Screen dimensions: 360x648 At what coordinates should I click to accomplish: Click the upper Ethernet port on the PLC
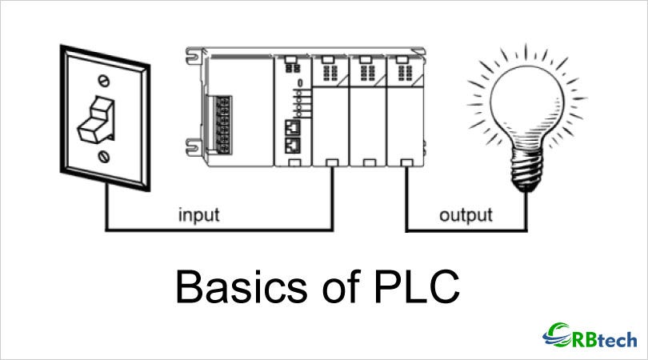291,127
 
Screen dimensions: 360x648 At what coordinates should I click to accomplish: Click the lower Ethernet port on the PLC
291,146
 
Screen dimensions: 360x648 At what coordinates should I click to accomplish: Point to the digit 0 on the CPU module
299,82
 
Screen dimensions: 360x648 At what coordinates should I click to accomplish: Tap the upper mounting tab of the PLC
192,57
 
